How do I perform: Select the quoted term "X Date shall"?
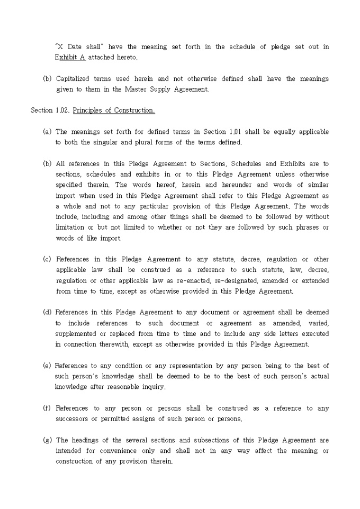(x=76, y=47)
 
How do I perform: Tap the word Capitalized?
(x=75, y=79)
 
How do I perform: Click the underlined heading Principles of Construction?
(x=114, y=111)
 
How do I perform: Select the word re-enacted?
(x=173, y=280)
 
